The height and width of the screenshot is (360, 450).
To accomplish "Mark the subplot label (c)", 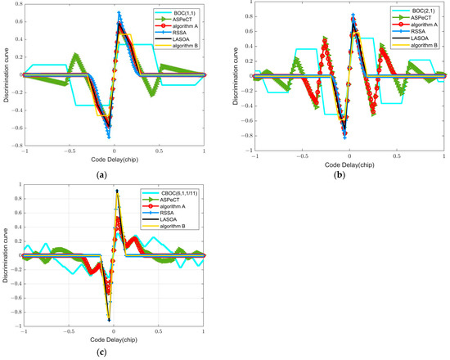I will click(114, 354).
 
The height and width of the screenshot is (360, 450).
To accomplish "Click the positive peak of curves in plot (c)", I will click(117, 191).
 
